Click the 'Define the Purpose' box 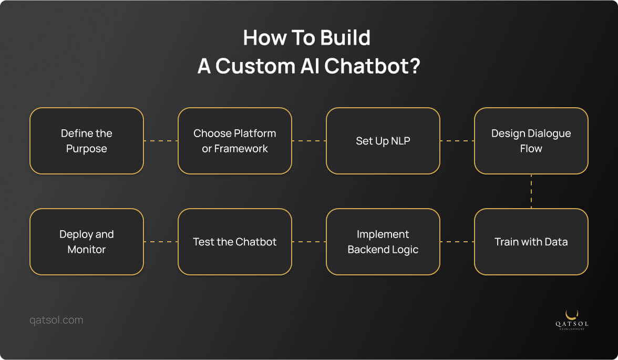[87, 141]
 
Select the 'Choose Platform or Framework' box [235, 141]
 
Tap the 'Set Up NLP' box [383, 141]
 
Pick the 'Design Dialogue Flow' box [531, 141]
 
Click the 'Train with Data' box [531, 242]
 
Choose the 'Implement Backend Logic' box [383, 242]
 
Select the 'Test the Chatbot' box [235, 242]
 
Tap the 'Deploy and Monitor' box [87, 242]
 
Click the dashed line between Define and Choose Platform [161, 141]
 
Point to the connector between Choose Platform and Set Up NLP [309, 141]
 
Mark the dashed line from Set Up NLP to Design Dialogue [457, 141]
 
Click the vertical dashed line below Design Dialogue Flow [531, 191]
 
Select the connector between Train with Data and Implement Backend [457, 242]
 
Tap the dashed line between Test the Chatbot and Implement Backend [309, 242]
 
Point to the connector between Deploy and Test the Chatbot [161, 242]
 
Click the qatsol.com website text [56, 320]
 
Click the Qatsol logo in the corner [572, 320]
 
